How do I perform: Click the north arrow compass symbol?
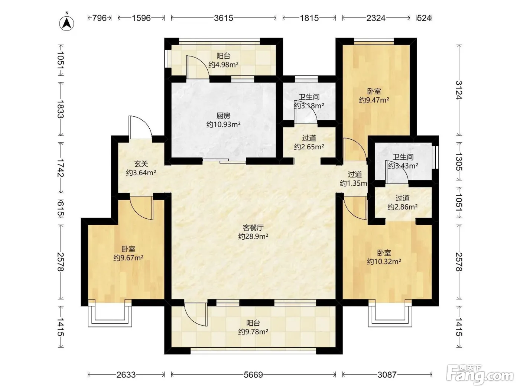(x=66, y=23)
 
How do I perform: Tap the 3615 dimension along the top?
(x=223, y=18)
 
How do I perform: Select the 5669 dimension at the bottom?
(x=253, y=375)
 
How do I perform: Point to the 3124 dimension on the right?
(x=459, y=90)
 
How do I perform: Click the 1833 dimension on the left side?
(x=61, y=109)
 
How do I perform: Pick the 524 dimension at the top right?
(x=424, y=18)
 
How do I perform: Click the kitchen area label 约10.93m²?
(x=223, y=124)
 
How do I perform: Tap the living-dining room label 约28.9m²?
(x=253, y=236)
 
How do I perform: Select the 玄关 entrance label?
(x=141, y=164)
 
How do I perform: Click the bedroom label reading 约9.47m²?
(x=374, y=100)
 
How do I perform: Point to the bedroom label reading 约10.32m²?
(x=384, y=261)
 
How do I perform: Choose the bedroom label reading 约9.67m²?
(x=128, y=258)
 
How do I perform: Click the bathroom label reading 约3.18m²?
(x=309, y=105)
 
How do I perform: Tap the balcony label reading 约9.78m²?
(x=253, y=332)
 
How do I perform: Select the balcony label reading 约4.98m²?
(x=223, y=64)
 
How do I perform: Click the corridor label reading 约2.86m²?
(x=402, y=207)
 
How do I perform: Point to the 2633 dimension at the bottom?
(x=126, y=375)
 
